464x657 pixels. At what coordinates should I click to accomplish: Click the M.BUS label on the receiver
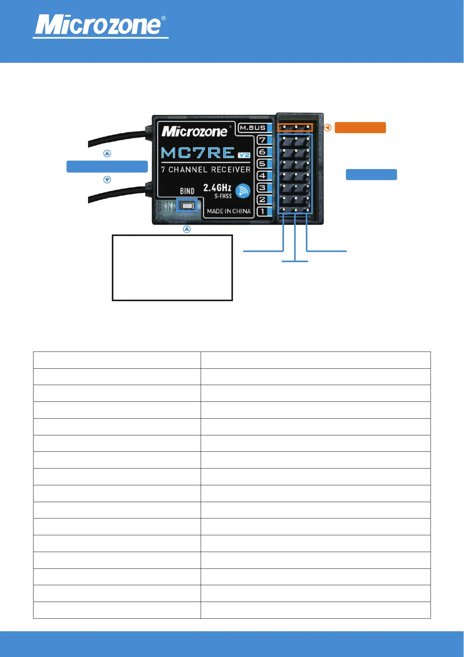(252, 128)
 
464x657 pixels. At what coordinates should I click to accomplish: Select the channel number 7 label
(263, 140)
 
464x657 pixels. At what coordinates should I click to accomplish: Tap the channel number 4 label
(263, 176)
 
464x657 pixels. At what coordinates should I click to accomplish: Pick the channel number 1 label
(263, 211)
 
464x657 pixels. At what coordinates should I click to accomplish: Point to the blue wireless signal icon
(243, 190)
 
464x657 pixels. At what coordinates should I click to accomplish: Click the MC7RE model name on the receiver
(198, 153)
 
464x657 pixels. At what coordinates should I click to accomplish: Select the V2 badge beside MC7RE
(244, 155)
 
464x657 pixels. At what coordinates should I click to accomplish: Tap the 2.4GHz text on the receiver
(217, 188)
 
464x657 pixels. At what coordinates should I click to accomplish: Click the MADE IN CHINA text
(229, 211)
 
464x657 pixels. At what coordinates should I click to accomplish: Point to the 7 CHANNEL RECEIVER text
(206, 170)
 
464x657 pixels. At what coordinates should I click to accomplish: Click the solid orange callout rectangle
(360, 128)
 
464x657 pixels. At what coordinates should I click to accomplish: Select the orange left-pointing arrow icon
(328, 128)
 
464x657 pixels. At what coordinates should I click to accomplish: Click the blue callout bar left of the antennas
(107, 167)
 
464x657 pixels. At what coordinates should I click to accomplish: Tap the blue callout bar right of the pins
(371, 174)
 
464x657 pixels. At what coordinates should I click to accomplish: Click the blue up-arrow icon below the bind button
(187, 229)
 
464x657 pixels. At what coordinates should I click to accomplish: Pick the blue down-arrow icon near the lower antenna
(107, 180)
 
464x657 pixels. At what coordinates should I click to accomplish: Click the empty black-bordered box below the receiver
(172, 268)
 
